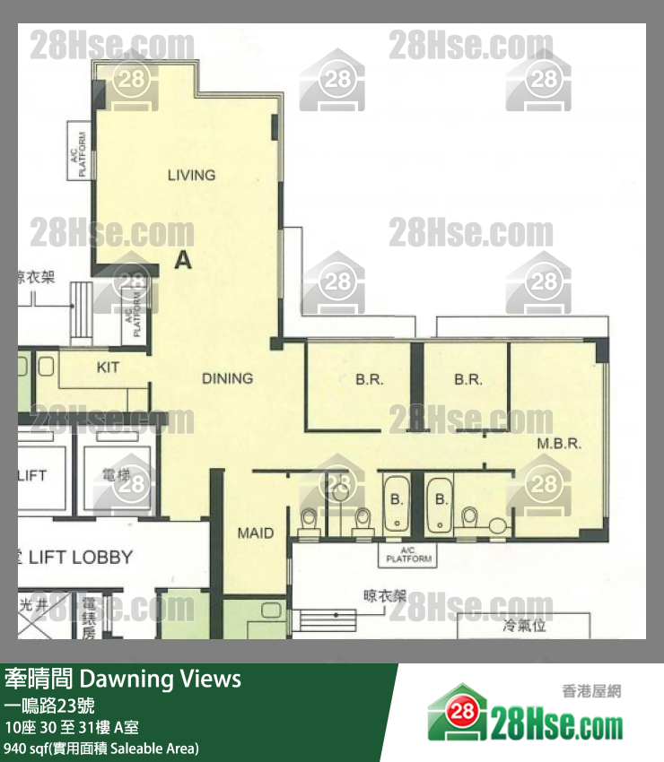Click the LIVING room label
point(191,175)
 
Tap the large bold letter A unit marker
point(182,260)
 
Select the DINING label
point(227,378)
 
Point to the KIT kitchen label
point(108,368)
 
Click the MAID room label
point(255,533)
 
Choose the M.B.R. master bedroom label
point(560,443)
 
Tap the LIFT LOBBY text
point(80,557)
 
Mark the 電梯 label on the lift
point(117,474)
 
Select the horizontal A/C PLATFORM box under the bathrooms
point(408,555)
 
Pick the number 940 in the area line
point(15,748)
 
